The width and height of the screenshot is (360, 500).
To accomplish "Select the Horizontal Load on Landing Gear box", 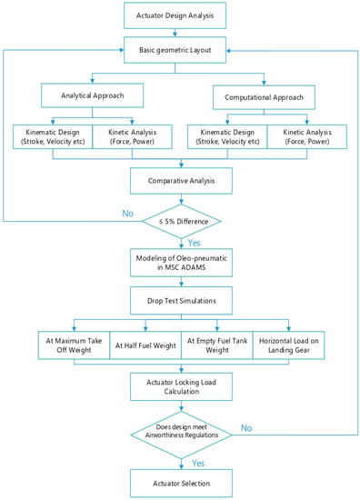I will point(289,345).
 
